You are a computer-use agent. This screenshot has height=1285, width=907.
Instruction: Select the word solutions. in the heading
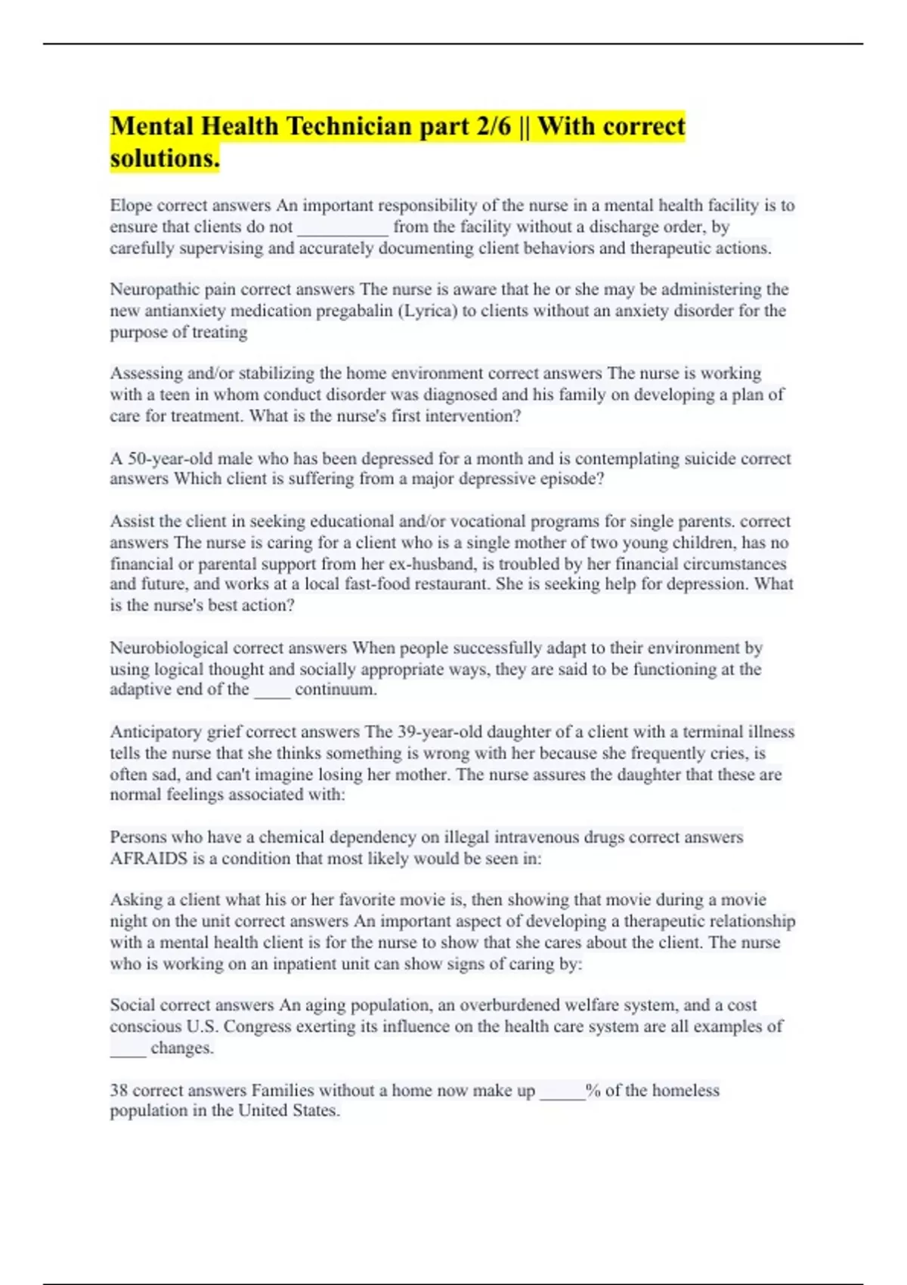[165, 158]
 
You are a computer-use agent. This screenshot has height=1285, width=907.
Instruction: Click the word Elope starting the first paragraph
[131, 206]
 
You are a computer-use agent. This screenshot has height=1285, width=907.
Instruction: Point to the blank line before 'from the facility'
[343, 228]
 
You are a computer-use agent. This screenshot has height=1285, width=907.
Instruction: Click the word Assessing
[146, 373]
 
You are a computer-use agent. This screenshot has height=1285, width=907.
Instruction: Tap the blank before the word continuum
[272, 691]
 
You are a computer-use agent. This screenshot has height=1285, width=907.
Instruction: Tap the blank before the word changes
[128, 1049]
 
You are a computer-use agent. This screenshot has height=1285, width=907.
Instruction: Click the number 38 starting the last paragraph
[119, 1090]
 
